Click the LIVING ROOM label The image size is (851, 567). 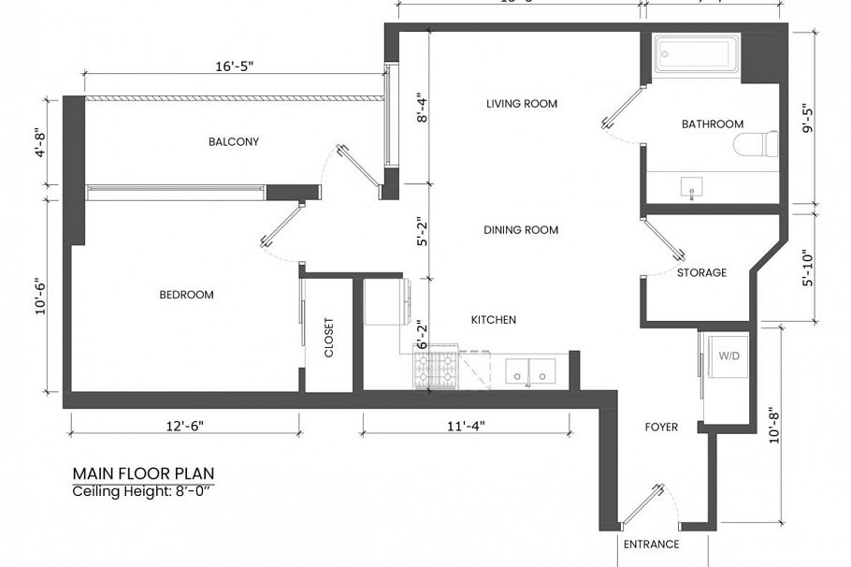point(521,104)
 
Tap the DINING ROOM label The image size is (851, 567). point(521,230)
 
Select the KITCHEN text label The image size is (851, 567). point(493,320)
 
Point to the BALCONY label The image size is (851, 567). point(233,142)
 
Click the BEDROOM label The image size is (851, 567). point(186,295)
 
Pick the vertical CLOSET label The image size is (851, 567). point(328,339)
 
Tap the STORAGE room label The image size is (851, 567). point(701,273)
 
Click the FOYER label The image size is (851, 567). point(661,428)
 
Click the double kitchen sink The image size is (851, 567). point(530,371)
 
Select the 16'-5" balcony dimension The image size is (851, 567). point(233,66)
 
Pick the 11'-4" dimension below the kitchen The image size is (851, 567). point(465,426)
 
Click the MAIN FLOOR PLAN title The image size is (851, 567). point(149,474)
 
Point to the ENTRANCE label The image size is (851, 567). point(651,545)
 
